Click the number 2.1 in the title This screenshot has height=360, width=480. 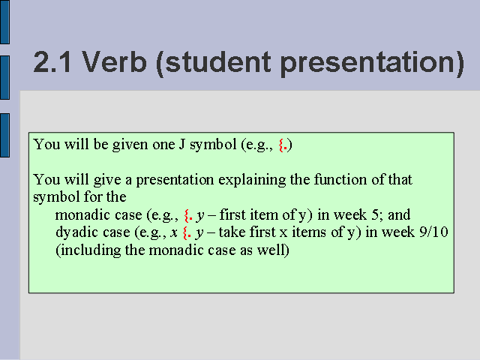click(x=52, y=62)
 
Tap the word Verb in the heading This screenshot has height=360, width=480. click(x=114, y=61)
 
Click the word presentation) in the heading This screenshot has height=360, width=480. click(x=372, y=64)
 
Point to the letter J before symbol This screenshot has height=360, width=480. click(x=181, y=144)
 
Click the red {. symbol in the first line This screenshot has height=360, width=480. click(x=283, y=145)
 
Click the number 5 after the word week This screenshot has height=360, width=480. click(x=376, y=215)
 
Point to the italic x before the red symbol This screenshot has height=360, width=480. click(x=174, y=233)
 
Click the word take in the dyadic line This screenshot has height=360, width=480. click(x=229, y=232)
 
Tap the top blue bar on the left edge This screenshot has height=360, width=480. click(x=4, y=22)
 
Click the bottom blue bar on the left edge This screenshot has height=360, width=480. click(x=4, y=135)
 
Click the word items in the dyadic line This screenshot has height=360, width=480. click(x=309, y=232)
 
